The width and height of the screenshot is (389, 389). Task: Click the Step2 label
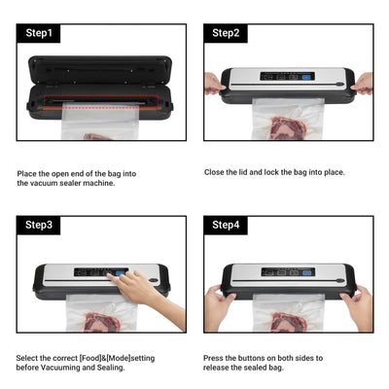point(226,33)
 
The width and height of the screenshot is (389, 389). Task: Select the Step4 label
point(226,226)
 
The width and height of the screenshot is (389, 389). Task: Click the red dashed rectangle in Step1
point(98,99)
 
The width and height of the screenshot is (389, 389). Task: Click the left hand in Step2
point(214,84)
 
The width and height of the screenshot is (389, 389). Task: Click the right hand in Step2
point(362,84)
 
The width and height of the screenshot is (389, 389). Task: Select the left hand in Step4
point(218,306)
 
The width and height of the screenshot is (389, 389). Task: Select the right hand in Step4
point(358,306)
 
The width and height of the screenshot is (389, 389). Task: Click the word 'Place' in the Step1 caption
point(27,174)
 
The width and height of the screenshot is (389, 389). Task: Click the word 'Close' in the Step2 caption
point(215,172)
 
